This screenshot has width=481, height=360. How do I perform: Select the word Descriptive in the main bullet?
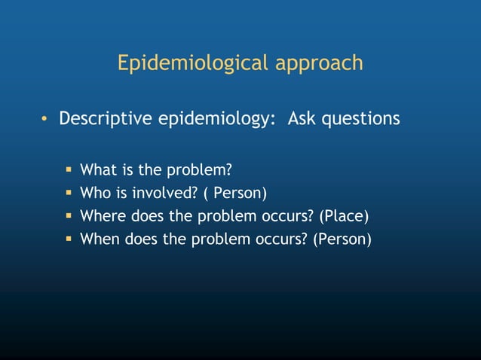coord(106,119)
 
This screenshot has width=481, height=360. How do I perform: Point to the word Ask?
coord(302,119)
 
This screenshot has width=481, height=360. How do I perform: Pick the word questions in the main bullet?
coord(361,119)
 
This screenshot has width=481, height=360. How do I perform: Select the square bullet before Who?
coord(67,193)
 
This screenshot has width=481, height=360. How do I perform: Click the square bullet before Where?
coord(67,217)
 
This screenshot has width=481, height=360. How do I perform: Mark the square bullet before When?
coord(67,240)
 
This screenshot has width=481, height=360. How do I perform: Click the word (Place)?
coord(344,217)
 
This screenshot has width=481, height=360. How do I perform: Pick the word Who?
coord(94,193)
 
